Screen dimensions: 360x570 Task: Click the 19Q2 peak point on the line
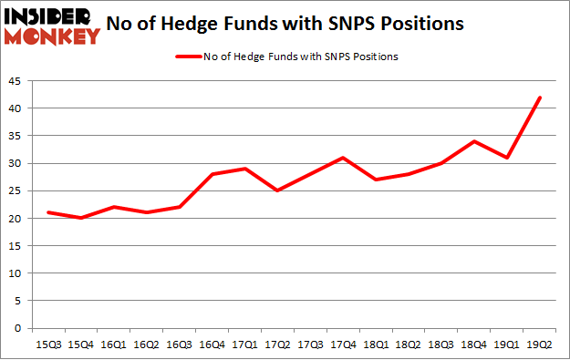point(541,98)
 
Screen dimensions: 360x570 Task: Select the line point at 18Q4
point(474,141)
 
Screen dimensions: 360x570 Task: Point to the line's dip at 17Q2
point(276,190)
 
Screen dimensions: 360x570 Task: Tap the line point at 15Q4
point(81,218)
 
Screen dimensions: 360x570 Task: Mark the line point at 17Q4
point(343,158)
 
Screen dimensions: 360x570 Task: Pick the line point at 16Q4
point(211,174)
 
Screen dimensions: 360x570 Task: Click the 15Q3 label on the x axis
point(48,344)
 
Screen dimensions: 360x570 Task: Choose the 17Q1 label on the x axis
point(244,344)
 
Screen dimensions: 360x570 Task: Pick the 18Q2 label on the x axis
point(409,344)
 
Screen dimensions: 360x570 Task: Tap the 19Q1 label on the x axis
point(507,344)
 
